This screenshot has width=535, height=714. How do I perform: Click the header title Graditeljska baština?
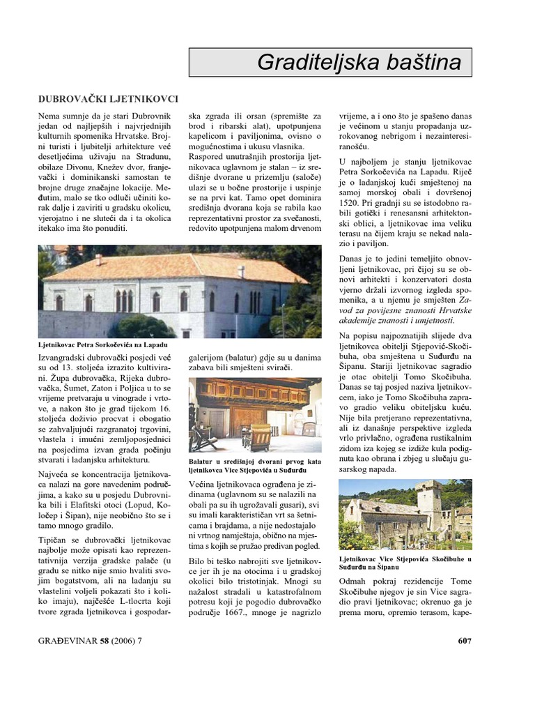click(x=359, y=63)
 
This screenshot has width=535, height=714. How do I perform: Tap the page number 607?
click(x=465, y=640)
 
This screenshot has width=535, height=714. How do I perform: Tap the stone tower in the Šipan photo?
click(x=431, y=503)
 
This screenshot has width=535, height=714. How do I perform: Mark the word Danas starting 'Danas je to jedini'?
click(x=353, y=259)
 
